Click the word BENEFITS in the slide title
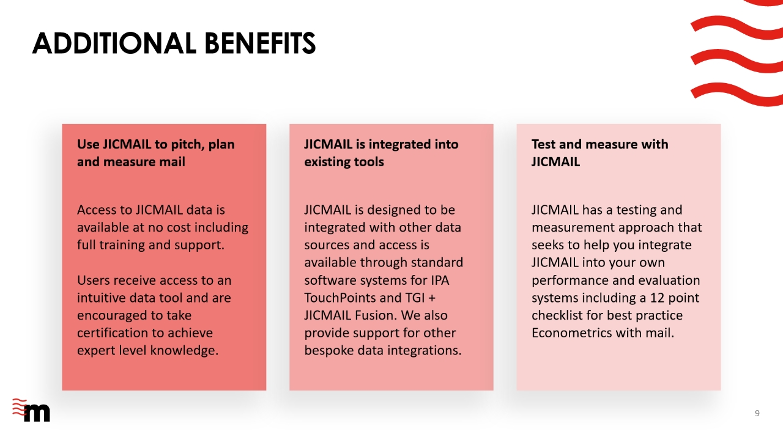(260, 43)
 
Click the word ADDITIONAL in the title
(114, 43)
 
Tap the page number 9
(757, 414)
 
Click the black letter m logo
(37, 413)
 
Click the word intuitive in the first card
(102, 298)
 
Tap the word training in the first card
(122, 245)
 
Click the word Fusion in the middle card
(376, 315)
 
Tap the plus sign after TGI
(432, 298)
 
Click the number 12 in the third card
(657, 298)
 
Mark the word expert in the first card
(96, 351)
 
